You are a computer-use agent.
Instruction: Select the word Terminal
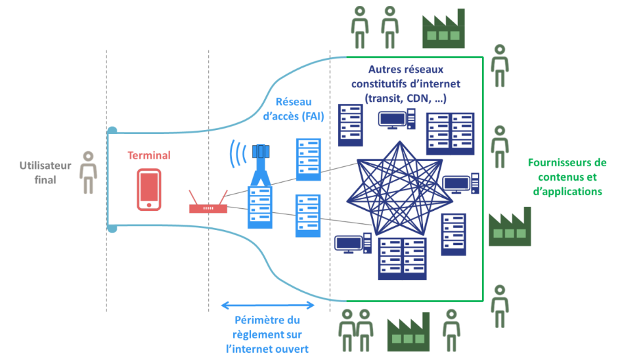click(148, 156)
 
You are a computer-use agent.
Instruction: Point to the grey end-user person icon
click(87, 173)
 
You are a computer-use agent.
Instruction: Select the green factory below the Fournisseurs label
click(510, 227)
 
